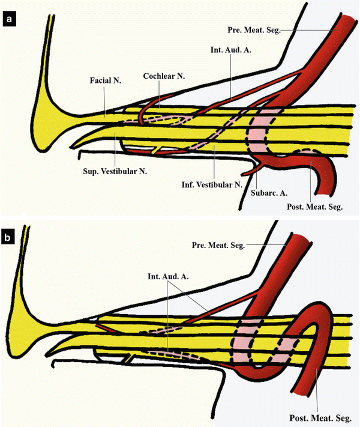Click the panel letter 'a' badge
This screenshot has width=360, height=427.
click(x=10, y=21)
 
